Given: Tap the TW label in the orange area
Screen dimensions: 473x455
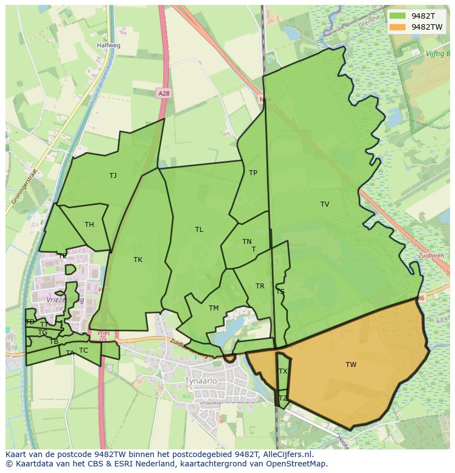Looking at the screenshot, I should (x=351, y=365).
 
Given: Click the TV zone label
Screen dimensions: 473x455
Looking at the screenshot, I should (x=324, y=204).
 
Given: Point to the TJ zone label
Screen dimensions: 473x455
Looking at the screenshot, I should (x=113, y=176).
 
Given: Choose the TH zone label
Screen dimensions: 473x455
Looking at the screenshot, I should (x=89, y=224).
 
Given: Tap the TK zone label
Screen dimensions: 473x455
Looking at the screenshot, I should (x=137, y=260).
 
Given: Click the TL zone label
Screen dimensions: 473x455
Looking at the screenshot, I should (x=199, y=230).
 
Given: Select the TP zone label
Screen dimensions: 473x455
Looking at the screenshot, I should (x=253, y=173).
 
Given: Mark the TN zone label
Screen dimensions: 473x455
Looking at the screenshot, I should (x=247, y=242).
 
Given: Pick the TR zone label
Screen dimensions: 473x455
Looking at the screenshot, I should (x=260, y=286).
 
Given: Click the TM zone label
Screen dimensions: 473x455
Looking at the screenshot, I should (x=214, y=308).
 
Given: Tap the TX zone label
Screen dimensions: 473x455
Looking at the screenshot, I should (x=282, y=371).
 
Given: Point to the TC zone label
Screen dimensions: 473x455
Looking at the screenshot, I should (x=84, y=350).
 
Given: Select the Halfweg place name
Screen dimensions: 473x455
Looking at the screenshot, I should (x=108, y=46).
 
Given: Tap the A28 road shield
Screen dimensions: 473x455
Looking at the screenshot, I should (x=163, y=93).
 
